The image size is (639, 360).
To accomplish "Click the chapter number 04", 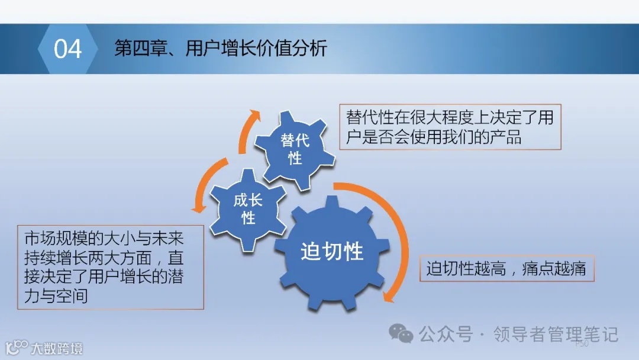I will (67, 49).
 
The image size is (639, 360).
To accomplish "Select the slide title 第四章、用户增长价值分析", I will (220, 49).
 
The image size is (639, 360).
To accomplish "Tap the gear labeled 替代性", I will (295, 149).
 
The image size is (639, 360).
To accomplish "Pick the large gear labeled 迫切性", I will (331, 252).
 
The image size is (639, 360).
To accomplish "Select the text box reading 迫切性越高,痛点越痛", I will (506, 269).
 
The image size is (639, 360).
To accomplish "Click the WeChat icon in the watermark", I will (405, 335).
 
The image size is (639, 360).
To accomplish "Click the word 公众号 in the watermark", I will (446, 335).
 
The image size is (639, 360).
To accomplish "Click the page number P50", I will (582, 343).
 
